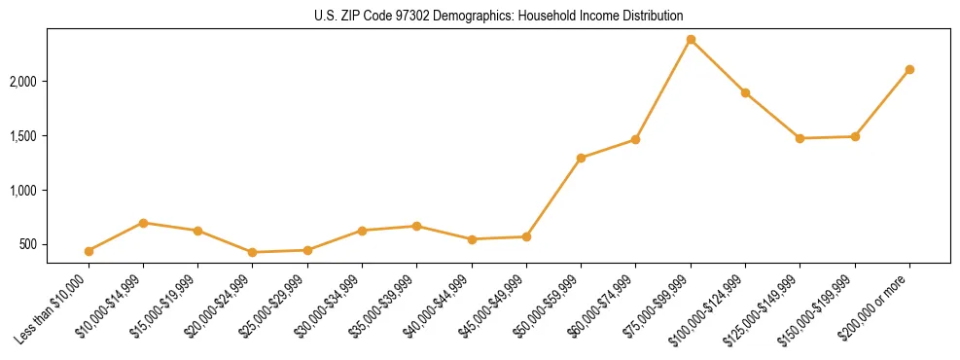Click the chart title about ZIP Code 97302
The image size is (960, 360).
498,16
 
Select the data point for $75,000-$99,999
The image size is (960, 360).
691,40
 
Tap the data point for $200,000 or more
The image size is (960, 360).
909,69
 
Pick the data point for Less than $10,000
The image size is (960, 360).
89,251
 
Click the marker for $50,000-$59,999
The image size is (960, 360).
581,158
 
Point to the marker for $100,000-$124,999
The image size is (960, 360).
745,92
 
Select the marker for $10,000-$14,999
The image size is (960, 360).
143,223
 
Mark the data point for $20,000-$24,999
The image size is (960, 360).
253,252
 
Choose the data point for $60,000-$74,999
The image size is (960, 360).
635,139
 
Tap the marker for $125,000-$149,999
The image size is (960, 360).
800,138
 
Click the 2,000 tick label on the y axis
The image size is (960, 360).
22,82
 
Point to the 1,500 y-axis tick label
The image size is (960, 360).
22,136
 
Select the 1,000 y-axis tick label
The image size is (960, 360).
22,191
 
